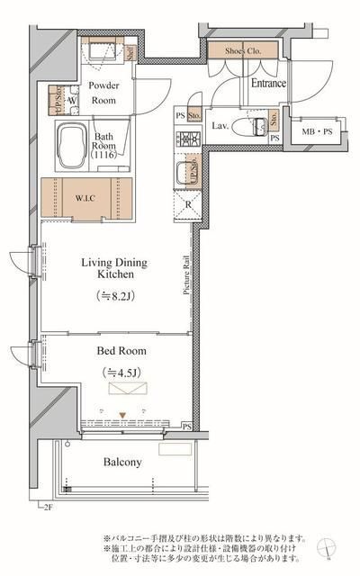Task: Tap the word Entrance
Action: [x=268, y=84]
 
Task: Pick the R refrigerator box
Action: [x=186, y=205]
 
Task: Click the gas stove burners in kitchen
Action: [x=189, y=139]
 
